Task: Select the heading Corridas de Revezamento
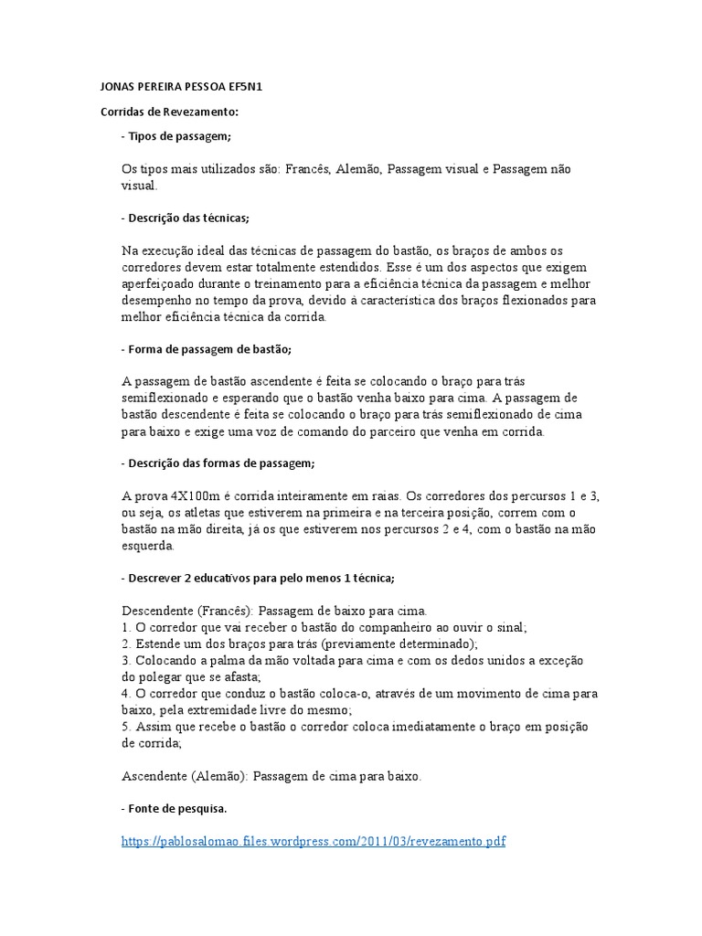(168, 112)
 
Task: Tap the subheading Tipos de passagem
(176, 136)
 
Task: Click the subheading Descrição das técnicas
(185, 218)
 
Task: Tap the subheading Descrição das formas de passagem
(218, 464)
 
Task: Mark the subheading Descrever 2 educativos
(258, 579)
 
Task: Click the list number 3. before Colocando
(127, 660)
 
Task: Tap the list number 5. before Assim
(127, 727)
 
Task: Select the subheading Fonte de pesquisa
(175, 809)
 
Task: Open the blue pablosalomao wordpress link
(314, 841)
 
